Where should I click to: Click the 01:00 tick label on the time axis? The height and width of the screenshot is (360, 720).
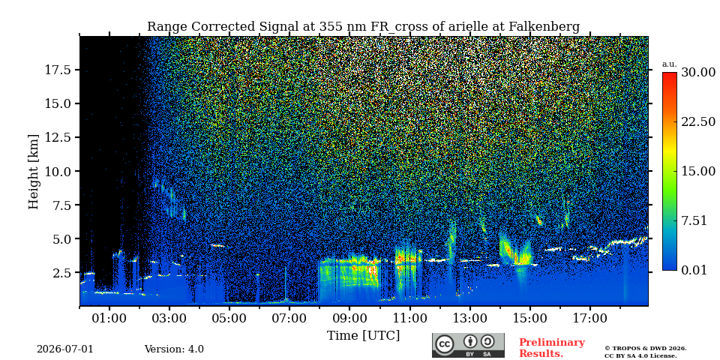click(109, 318)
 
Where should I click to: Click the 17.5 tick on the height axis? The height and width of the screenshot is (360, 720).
click(58, 70)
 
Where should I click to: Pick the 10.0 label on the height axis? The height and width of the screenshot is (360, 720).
click(58, 171)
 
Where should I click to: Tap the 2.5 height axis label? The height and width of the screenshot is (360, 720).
click(61, 273)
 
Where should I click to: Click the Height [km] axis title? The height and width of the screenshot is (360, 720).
click(34, 172)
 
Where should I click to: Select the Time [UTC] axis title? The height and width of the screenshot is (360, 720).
click(363, 336)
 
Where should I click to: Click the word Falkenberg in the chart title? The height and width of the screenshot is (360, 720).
click(544, 27)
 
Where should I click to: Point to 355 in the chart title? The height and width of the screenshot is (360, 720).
click(327, 27)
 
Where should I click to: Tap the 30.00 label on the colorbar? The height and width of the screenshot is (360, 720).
click(698, 73)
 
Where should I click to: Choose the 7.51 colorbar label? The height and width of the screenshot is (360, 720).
click(694, 220)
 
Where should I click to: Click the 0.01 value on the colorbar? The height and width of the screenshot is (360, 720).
click(694, 270)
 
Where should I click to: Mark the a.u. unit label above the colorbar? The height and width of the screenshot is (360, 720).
click(670, 64)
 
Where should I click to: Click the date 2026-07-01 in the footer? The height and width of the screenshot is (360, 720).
click(65, 349)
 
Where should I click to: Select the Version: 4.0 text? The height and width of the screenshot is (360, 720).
click(174, 349)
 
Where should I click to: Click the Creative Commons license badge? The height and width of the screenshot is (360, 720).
click(468, 345)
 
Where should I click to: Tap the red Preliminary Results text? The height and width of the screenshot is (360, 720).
click(552, 347)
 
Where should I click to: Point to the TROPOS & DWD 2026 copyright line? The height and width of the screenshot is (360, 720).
click(646, 349)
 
